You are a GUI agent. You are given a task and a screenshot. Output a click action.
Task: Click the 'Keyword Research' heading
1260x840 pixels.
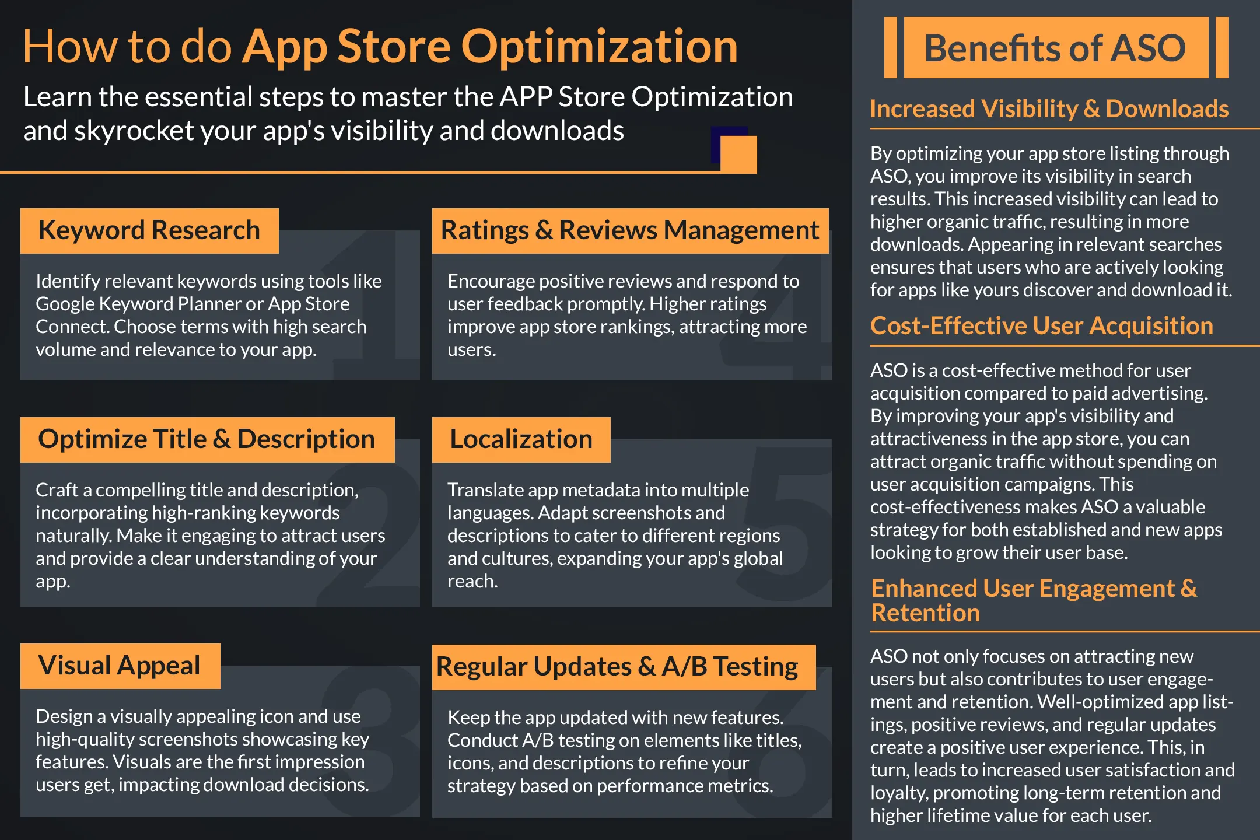[149, 230]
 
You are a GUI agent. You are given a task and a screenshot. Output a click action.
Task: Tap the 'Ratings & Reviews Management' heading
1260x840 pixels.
[630, 230]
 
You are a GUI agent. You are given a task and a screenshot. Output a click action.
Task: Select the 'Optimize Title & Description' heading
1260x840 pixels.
[207, 439]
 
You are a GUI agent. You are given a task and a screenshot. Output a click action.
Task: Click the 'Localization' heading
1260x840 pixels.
[521, 439]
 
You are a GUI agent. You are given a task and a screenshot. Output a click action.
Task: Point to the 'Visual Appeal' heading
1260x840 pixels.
[120, 666]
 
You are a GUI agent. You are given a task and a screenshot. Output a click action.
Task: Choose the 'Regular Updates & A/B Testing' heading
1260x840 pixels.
[617, 667]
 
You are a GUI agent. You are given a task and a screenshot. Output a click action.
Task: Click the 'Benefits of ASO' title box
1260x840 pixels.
[1055, 48]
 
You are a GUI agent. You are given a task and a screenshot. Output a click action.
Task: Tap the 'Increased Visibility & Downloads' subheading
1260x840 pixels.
[1049, 109]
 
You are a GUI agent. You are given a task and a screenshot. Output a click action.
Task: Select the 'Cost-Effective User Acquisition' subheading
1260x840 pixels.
[1041, 326]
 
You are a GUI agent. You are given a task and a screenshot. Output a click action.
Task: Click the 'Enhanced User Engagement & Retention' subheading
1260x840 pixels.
[1033, 600]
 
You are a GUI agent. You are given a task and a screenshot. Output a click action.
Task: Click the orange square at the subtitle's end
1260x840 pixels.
[738, 154]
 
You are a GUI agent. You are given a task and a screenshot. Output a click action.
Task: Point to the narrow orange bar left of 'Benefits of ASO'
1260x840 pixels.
[890, 48]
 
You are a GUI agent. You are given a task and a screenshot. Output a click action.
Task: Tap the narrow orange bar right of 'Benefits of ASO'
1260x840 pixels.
[1221, 48]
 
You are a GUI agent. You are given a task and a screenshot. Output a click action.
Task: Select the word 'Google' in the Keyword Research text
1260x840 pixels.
[65, 304]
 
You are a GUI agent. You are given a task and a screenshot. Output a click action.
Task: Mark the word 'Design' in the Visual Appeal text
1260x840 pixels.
[64, 716]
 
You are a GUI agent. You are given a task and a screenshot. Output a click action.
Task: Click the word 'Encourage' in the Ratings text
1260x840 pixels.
[491, 281]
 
